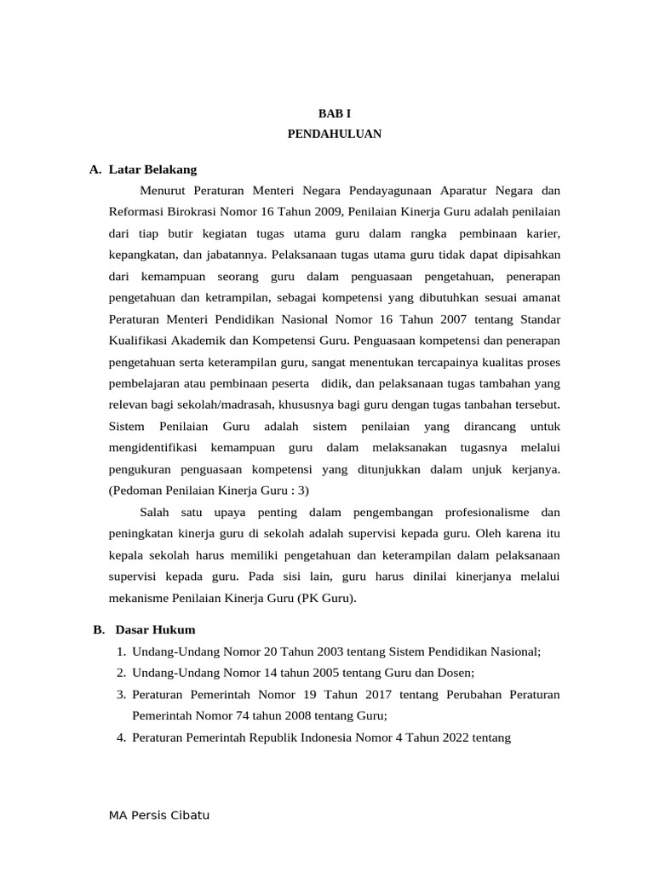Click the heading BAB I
point(334,112)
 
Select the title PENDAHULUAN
point(334,134)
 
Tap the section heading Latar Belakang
point(153,169)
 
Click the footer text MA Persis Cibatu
point(159,815)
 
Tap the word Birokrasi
point(190,211)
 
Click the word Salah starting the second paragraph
point(154,512)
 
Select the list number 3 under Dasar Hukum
point(121,694)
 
